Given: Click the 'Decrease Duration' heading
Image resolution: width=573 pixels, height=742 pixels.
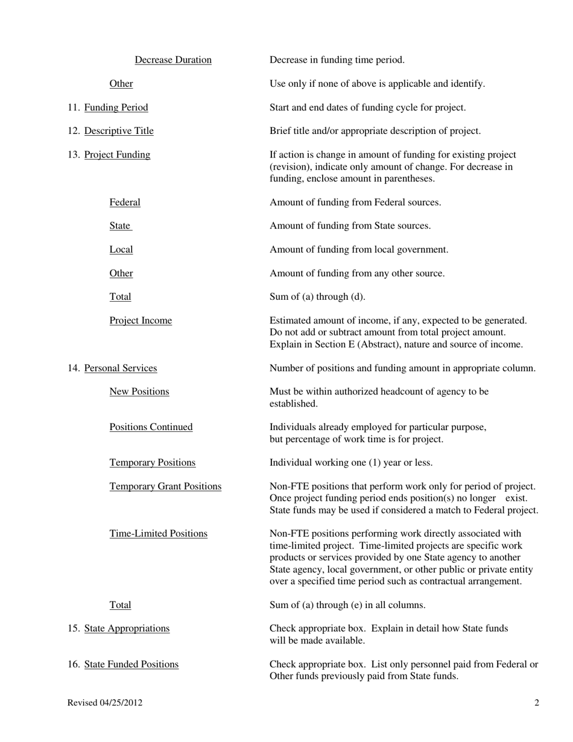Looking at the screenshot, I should tap(173, 60).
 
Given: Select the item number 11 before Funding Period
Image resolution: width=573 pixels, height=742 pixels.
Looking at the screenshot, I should tap(73, 107).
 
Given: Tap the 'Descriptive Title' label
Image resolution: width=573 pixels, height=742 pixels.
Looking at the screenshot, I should tap(119, 131).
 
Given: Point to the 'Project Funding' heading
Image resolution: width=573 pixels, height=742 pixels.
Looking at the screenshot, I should tap(117, 154).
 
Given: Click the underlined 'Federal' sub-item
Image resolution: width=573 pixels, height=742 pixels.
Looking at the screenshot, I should tap(125, 202).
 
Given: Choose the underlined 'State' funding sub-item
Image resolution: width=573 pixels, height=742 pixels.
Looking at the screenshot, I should tap(120, 226).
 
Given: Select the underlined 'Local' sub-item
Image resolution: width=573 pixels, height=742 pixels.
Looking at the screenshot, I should tap(121, 249).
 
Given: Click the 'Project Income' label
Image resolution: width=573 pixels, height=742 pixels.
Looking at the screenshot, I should tap(141, 320).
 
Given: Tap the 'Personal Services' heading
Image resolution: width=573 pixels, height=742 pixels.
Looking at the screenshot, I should tap(121, 368).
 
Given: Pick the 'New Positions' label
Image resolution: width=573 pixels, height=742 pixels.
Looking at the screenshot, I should tap(139, 392).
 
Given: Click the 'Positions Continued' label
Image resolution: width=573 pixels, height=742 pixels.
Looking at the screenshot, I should tap(151, 427).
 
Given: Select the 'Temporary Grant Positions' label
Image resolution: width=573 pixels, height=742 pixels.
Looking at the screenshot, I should tap(165, 486).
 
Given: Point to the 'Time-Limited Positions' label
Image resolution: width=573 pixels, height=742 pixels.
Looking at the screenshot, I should tap(158, 533).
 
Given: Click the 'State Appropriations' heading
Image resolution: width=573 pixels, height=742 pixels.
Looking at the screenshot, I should tap(127, 628).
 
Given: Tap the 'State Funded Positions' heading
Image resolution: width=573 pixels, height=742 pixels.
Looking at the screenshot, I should tap(131, 664).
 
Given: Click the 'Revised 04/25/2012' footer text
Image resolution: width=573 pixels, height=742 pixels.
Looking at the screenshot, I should tap(105, 702).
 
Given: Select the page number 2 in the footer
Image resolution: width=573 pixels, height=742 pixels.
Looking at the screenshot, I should tap(537, 702).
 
